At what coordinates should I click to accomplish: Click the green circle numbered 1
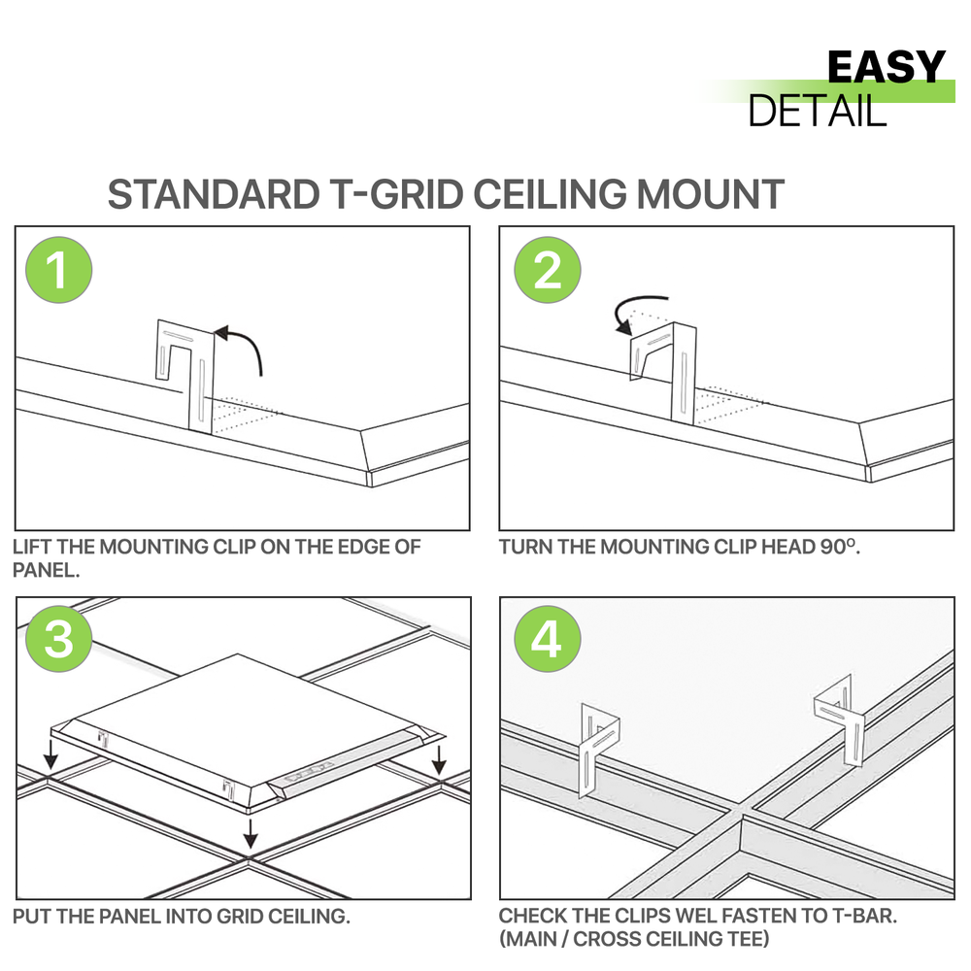pos(58,269)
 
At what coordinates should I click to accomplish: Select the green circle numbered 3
pos(58,640)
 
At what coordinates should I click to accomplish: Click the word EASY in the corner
pos(886,68)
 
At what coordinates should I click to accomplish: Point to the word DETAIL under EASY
pos(818,111)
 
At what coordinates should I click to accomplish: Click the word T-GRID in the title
pos(392,194)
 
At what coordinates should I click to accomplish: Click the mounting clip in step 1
pos(185,374)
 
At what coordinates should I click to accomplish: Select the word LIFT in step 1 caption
pos(33,547)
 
